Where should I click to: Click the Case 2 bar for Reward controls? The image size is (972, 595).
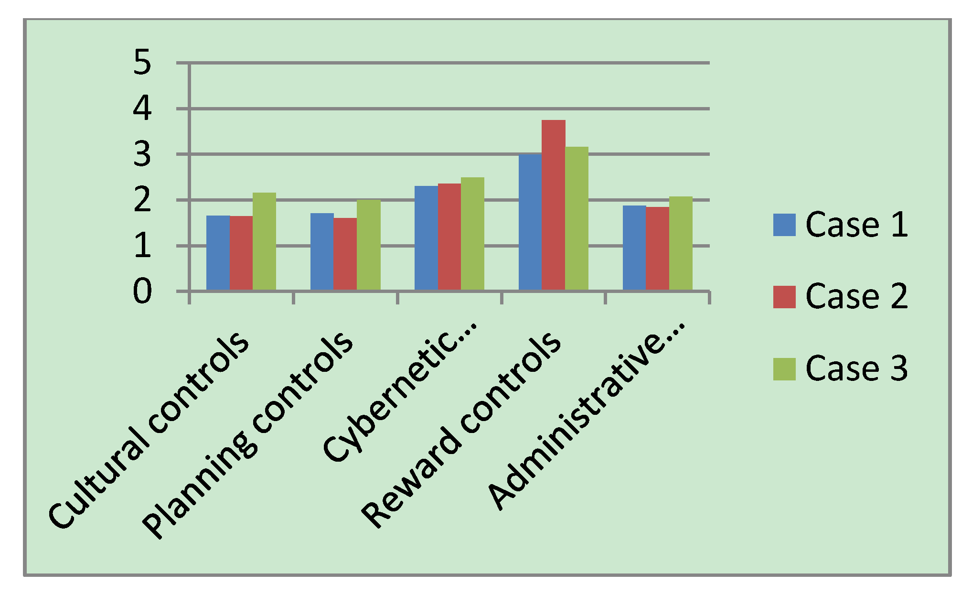(553, 205)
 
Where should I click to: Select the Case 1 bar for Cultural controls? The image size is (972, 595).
(218, 253)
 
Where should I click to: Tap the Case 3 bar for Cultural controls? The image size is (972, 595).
(264, 241)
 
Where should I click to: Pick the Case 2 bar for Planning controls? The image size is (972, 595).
(345, 254)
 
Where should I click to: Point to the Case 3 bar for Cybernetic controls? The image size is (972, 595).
(472, 234)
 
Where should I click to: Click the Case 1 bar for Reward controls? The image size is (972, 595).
(530, 222)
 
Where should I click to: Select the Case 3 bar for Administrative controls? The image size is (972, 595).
(681, 243)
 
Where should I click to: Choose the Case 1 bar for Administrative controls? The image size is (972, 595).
(634, 248)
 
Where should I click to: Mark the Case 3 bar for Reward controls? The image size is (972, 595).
(577, 218)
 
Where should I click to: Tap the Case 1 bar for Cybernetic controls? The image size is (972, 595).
(426, 238)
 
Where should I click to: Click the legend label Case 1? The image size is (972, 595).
(856, 225)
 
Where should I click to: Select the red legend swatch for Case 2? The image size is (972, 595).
(784, 297)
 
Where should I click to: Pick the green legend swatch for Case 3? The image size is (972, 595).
(784, 369)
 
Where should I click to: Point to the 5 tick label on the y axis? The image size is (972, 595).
(142, 63)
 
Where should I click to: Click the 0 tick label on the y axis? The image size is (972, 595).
(142, 292)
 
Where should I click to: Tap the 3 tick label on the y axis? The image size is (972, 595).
(142, 154)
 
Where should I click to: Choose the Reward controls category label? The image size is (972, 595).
(461, 430)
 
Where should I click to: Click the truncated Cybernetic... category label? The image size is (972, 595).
(400, 392)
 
